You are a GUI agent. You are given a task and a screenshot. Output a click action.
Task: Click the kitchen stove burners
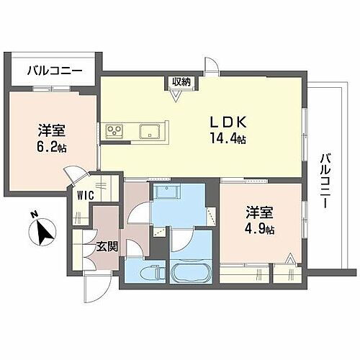(x=114, y=131)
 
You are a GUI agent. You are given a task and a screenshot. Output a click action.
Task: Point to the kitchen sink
(x=150, y=131)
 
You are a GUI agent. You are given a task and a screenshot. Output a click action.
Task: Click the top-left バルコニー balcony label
(x=54, y=71)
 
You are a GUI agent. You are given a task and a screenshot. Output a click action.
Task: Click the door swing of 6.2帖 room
(x=74, y=174)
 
